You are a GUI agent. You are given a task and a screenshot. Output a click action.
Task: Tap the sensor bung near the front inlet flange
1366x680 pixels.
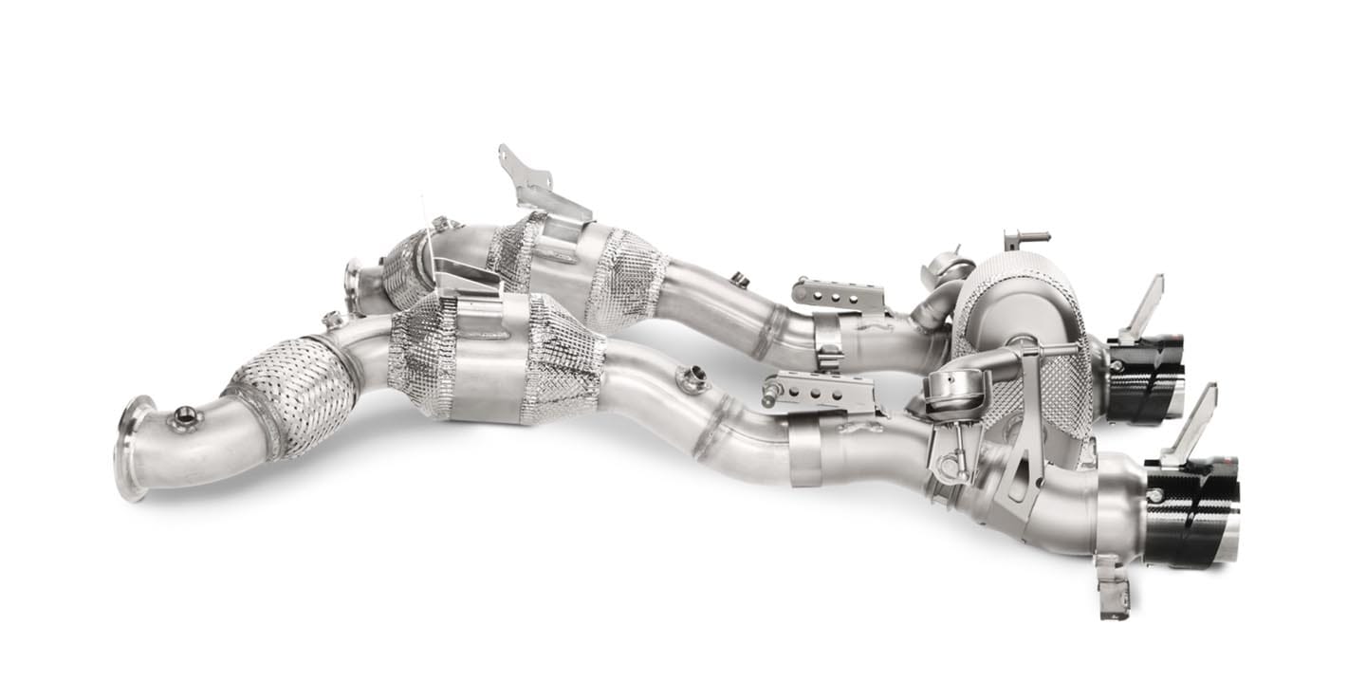[x=184, y=415]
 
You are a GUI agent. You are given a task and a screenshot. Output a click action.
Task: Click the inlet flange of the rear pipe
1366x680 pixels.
[x=354, y=285]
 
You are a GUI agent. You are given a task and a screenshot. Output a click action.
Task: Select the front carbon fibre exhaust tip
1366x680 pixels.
[x=1191, y=512]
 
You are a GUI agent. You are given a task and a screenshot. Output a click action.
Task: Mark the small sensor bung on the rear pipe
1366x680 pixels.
[x=739, y=280]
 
